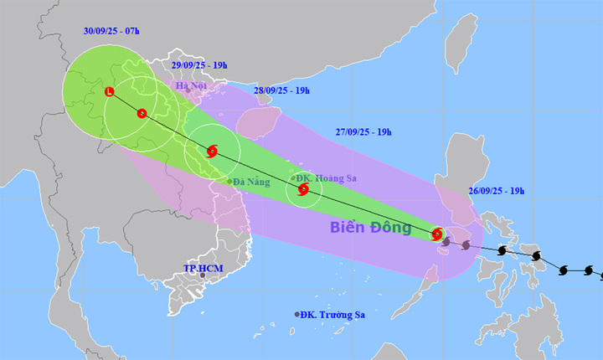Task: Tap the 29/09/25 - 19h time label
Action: (x=204, y=64)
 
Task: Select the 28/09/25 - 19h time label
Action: (x=281, y=90)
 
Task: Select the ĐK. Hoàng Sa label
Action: (x=327, y=177)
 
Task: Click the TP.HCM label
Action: (x=201, y=268)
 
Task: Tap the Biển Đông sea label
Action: (x=369, y=227)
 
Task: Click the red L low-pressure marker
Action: (x=110, y=91)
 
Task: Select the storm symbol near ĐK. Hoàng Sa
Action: (x=303, y=189)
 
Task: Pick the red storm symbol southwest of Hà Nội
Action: (x=142, y=113)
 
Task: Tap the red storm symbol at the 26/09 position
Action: (x=436, y=234)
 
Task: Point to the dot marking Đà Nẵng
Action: (x=229, y=181)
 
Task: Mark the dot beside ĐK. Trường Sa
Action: (x=297, y=315)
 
